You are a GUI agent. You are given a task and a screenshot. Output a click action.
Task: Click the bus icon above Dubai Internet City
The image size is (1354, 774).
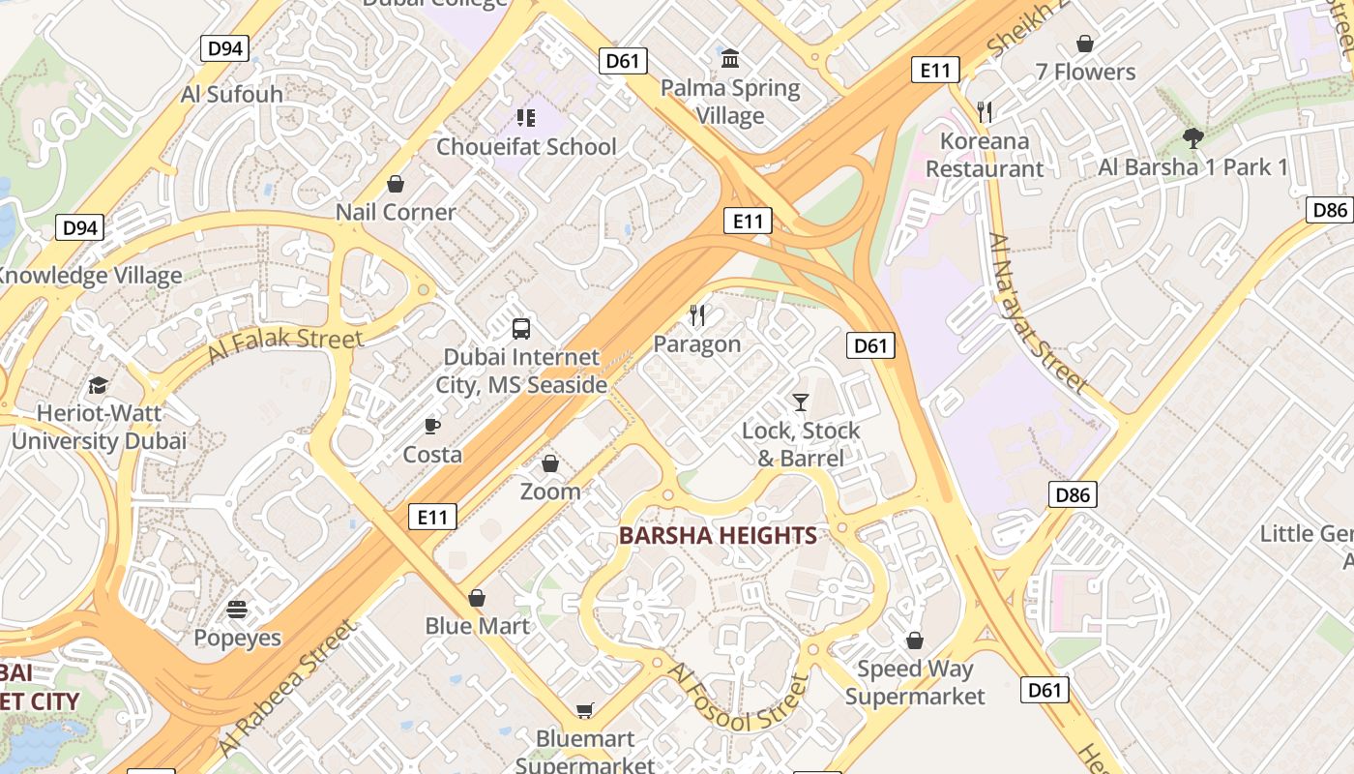521,328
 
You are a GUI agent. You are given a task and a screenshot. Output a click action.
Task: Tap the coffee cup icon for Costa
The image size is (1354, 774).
432,426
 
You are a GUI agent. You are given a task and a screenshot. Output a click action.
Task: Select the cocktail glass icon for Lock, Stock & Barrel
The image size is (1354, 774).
801,402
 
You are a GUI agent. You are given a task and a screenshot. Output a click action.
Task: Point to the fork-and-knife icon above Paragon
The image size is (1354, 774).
697,314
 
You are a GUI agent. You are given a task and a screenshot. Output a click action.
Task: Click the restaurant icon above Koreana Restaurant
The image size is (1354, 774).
986,111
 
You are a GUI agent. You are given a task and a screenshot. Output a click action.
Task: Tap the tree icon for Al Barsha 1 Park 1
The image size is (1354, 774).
1193,138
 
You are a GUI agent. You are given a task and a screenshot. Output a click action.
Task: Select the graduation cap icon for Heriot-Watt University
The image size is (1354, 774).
98,386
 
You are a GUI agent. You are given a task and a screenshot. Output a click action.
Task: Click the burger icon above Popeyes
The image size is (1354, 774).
237,610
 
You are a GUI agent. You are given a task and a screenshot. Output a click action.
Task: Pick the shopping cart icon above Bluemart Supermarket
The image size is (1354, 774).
585,711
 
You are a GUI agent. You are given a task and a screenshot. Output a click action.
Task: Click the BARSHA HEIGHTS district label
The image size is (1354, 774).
718,535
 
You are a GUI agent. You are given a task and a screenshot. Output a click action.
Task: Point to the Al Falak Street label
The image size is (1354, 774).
284,345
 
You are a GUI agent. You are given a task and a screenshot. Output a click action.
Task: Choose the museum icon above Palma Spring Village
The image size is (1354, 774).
730,59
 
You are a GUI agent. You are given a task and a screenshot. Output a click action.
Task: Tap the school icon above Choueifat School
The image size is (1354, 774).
526,118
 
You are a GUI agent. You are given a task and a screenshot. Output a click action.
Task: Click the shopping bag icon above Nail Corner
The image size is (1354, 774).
396,184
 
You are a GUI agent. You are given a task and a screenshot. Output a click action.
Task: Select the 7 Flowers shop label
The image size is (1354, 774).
1085,72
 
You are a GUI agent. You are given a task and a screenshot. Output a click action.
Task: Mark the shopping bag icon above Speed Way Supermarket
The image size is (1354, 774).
915,640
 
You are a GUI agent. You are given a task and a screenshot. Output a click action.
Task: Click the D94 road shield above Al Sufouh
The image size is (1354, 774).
225,48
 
